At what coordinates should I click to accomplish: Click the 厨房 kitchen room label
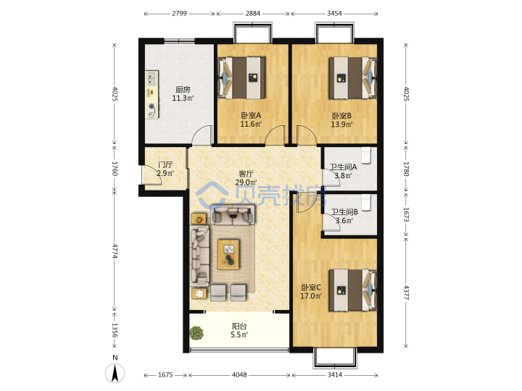coord(183,90)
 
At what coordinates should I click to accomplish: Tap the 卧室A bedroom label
coord(251,115)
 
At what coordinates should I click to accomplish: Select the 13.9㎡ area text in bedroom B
coord(341,125)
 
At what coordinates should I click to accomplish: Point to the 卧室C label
coord(311,287)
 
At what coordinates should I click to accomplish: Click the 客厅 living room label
coord(246,174)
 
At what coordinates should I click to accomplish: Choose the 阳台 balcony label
coord(239,326)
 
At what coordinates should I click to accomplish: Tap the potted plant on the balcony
coord(196,333)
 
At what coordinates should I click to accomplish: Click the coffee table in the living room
coord(228,254)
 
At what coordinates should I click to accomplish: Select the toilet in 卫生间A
coord(366,155)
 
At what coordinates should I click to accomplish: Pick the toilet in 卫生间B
coord(366,203)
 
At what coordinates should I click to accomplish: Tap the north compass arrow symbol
coord(115,374)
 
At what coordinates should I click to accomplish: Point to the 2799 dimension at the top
coord(180,14)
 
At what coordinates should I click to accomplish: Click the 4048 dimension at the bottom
coord(239,375)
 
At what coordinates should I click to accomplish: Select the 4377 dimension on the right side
coord(406,293)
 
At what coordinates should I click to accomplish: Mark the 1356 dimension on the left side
coord(115,330)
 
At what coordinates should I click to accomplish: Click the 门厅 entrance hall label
coord(165,164)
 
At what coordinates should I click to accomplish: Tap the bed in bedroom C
coord(353,290)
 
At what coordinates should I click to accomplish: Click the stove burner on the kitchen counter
coord(152,106)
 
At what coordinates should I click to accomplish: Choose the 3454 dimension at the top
coord(334,14)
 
